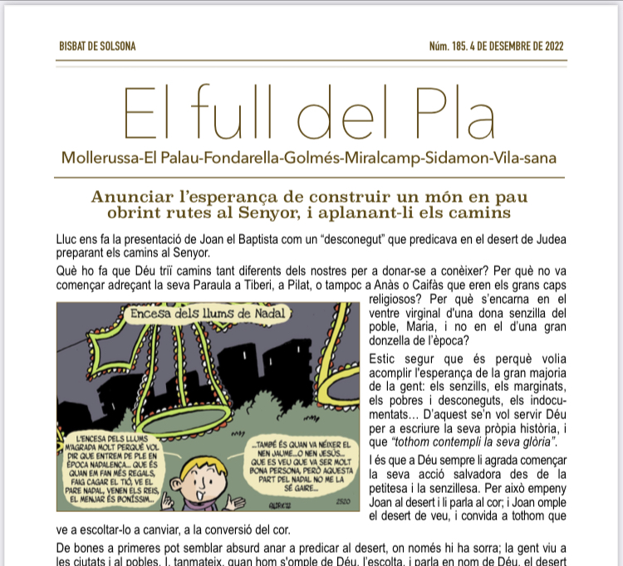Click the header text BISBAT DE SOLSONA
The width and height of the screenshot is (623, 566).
click(x=97, y=46)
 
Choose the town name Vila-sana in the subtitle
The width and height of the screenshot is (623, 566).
click(x=522, y=158)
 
